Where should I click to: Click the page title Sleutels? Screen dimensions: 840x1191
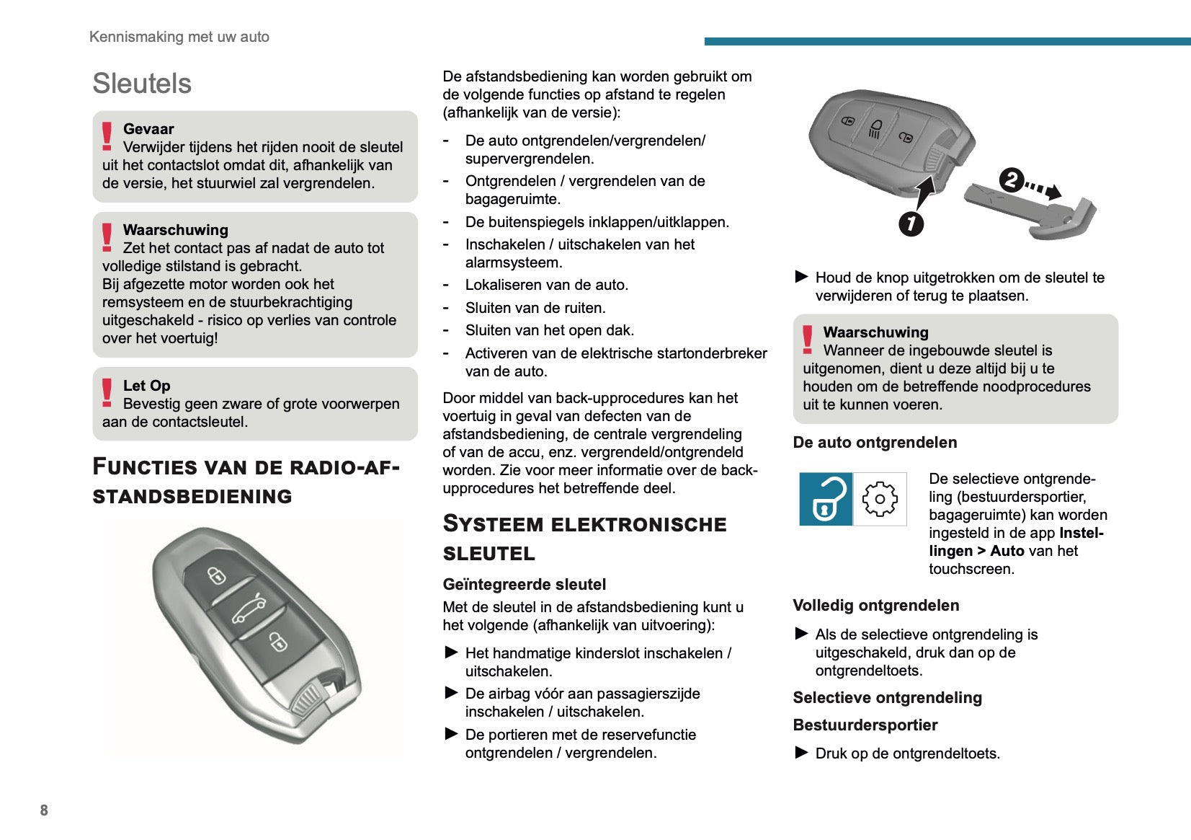(x=142, y=84)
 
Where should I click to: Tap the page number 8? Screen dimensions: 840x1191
(x=44, y=810)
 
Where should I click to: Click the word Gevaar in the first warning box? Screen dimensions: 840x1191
(x=148, y=129)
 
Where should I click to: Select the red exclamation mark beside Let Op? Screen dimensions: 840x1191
(x=107, y=393)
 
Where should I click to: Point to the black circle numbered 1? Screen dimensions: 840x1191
(x=911, y=224)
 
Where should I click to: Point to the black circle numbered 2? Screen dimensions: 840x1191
(x=1012, y=180)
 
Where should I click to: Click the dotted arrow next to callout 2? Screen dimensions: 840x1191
(x=1044, y=190)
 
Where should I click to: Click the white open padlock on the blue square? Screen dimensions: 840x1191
(x=826, y=499)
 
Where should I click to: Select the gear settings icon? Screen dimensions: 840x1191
(x=880, y=499)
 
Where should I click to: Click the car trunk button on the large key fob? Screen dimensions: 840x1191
(x=248, y=610)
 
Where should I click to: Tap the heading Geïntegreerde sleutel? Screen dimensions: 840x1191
(x=524, y=584)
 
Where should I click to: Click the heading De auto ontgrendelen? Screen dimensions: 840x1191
(x=875, y=443)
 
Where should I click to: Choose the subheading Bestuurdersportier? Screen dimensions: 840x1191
(x=865, y=725)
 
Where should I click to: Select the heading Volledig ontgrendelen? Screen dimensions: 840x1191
(x=875, y=606)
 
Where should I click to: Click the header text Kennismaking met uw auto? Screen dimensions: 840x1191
(x=179, y=37)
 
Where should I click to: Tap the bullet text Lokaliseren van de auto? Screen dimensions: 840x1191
(x=546, y=285)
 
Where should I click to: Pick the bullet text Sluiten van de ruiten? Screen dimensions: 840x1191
(x=535, y=308)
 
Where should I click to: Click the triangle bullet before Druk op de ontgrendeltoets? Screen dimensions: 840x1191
(x=801, y=753)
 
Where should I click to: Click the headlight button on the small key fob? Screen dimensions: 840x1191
(x=875, y=128)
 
